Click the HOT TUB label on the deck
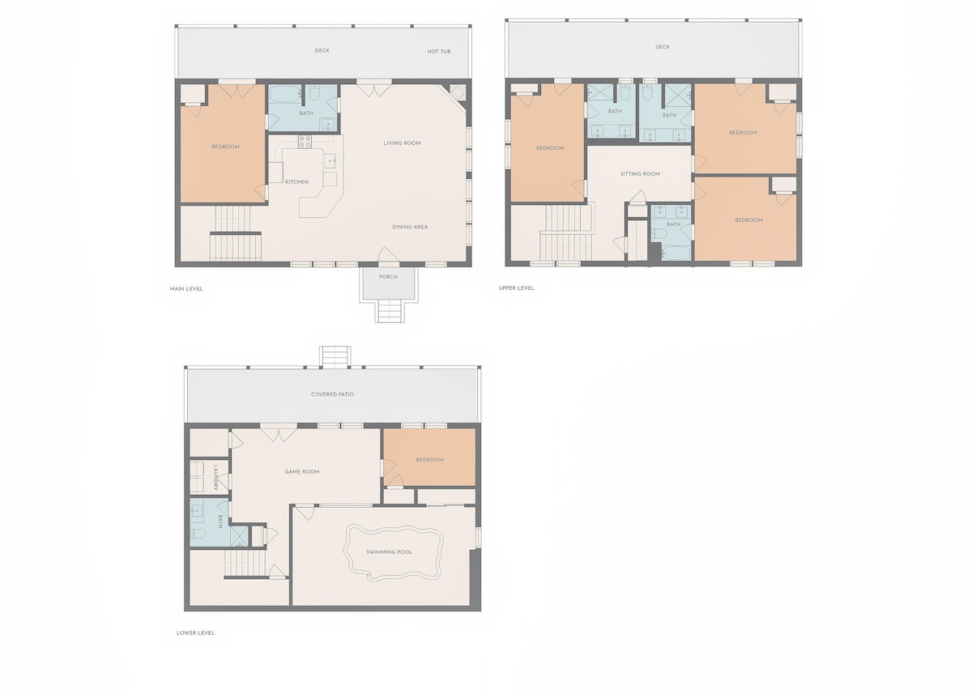click(x=439, y=51)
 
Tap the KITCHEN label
click(x=296, y=181)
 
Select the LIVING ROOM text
click(x=402, y=143)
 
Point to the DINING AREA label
click(x=410, y=227)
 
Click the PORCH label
click(x=388, y=277)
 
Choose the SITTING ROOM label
click(x=640, y=174)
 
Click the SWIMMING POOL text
click(x=390, y=552)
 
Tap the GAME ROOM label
click(x=302, y=471)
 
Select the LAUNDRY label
click(x=215, y=478)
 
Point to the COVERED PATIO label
click(x=332, y=394)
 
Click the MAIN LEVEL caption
click(x=186, y=289)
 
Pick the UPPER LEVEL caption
click(x=517, y=288)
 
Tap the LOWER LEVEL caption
click(x=195, y=632)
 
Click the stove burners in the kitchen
click(x=305, y=142)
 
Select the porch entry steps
click(x=389, y=312)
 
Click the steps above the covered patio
click(x=335, y=356)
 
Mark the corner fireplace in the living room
click(x=458, y=92)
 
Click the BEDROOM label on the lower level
click(x=429, y=460)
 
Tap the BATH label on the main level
click(x=306, y=113)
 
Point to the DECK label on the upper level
click(x=663, y=47)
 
